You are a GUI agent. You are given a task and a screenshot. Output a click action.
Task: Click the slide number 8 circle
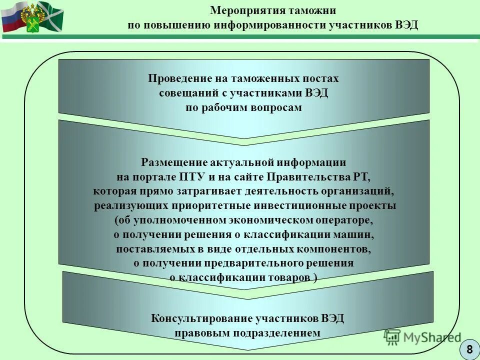469,349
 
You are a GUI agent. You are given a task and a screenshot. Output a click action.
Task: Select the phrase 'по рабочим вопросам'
243,107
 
